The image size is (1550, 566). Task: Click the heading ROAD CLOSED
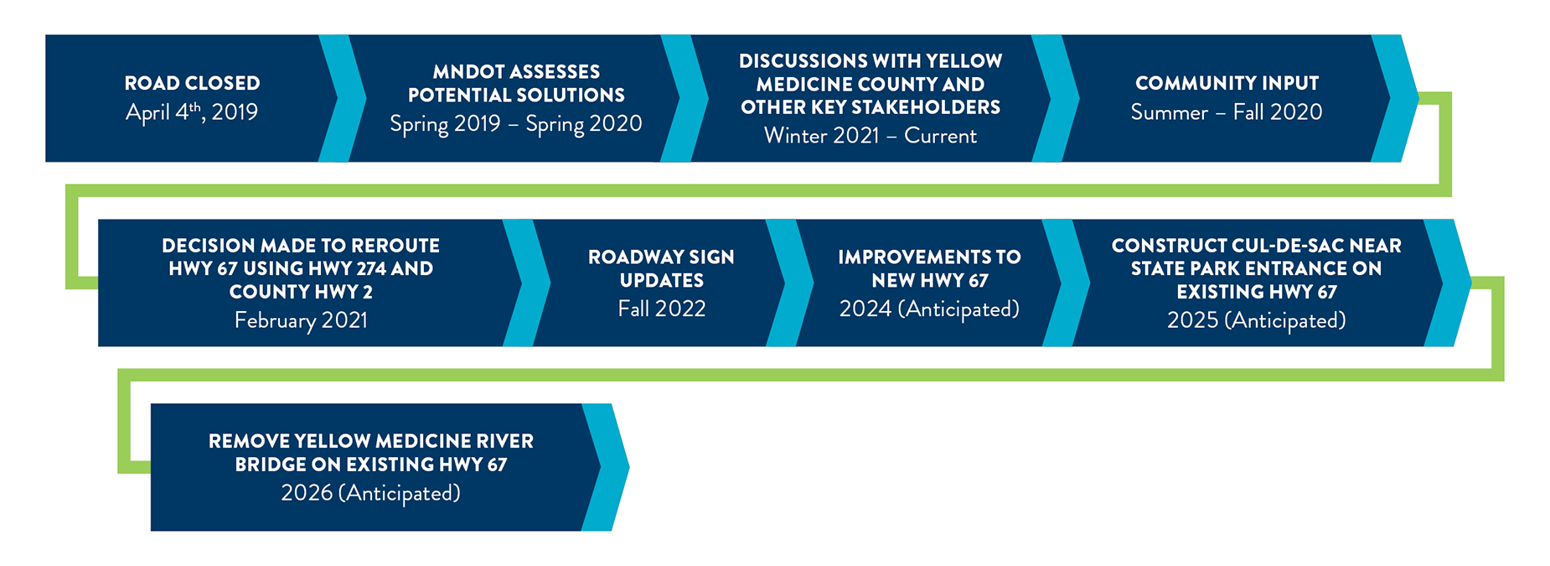pyautogui.click(x=192, y=83)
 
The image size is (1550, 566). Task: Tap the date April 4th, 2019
pyautogui.click(x=192, y=112)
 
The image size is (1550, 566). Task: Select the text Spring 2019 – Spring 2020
pyautogui.click(x=516, y=124)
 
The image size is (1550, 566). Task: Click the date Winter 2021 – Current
pyautogui.click(x=871, y=136)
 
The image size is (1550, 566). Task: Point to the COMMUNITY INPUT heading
pyautogui.click(x=1227, y=83)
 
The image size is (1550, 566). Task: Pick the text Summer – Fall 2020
pyautogui.click(x=1227, y=112)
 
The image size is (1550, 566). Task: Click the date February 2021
pyautogui.click(x=301, y=320)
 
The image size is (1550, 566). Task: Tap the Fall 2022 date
pyautogui.click(x=662, y=309)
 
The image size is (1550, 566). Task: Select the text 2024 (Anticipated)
pyautogui.click(x=929, y=309)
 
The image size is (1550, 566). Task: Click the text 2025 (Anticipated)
pyautogui.click(x=1257, y=320)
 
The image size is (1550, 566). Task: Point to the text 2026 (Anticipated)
pyautogui.click(x=371, y=493)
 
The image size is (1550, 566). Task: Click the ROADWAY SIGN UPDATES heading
pyautogui.click(x=662, y=268)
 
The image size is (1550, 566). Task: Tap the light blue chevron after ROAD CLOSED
pyautogui.click(x=343, y=98)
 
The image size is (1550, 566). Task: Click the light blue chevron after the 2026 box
pyautogui.click(x=605, y=467)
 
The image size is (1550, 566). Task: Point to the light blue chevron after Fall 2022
pyautogui.click(x=790, y=283)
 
